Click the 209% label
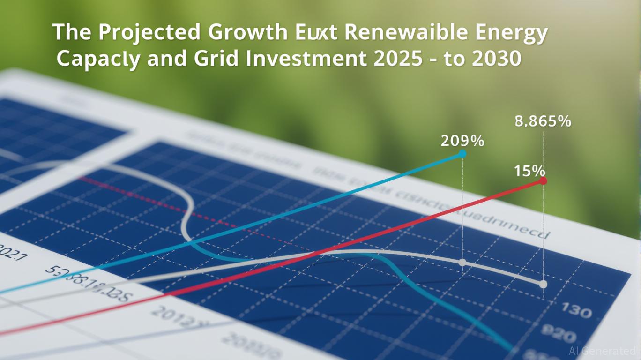(x=462, y=141)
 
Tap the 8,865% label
(x=543, y=121)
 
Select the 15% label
(x=529, y=171)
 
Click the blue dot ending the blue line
(x=462, y=154)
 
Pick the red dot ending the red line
(x=543, y=180)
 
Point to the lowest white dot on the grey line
(x=543, y=284)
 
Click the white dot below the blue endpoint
(x=462, y=262)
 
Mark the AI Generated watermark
(x=602, y=351)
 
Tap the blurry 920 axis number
(x=559, y=336)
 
